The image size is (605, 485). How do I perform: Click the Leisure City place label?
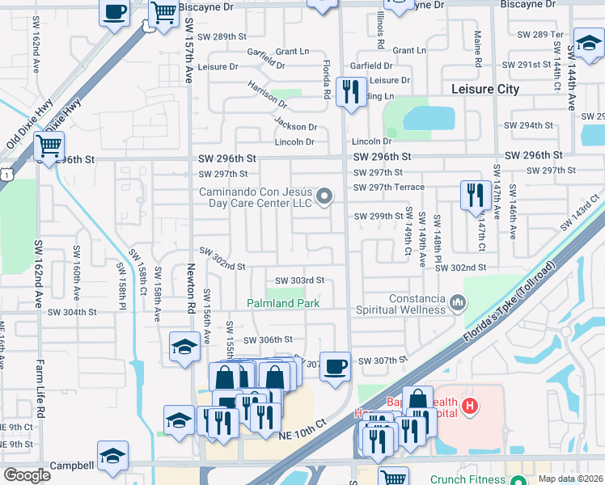coord(485,89)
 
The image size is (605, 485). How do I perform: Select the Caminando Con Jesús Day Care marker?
coord(325,196)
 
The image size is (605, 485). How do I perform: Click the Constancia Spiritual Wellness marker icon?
coord(459,302)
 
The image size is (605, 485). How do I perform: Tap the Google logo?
coord(27,475)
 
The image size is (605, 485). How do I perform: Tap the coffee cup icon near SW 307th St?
coord(335,366)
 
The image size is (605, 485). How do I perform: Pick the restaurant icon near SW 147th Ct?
coord(472,194)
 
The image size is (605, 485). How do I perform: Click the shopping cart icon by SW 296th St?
coord(49,146)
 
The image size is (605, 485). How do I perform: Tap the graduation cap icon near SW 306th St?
coord(184,347)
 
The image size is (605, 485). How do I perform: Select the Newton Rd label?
coord(192,290)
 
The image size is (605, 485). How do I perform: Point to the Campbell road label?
coord(72,466)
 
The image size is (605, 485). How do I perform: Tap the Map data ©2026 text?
coord(571,479)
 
